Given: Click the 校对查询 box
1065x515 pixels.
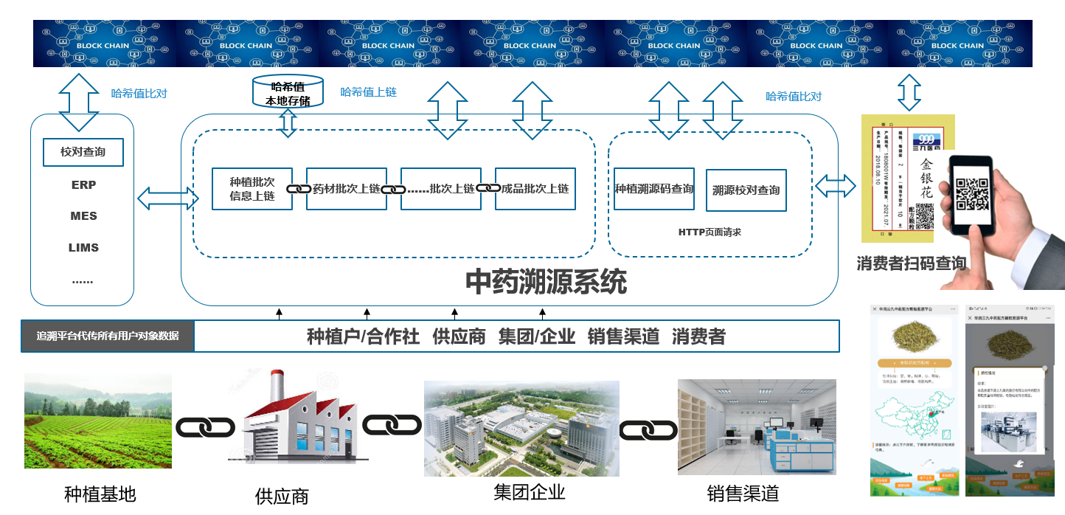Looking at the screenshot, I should click(x=83, y=152).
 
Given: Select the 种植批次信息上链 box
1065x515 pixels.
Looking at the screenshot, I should click(x=251, y=189).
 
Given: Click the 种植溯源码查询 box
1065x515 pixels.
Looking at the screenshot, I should click(x=653, y=189).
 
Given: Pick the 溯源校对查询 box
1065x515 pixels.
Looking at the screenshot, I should click(x=746, y=190).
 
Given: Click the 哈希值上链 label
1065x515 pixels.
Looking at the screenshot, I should click(x=368, y=92).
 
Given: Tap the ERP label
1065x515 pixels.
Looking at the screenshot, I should click(x=83, y=184).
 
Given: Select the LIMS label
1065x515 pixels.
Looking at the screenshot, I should click(x=83, y=248).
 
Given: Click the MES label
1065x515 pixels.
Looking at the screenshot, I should click(x=83, y=216).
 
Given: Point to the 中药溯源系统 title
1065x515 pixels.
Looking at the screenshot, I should click(x=546, y=282).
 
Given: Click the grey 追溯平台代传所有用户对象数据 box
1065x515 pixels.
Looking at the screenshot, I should click(x=108, y=336).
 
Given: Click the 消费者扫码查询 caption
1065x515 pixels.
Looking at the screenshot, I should click(x=912, y=263).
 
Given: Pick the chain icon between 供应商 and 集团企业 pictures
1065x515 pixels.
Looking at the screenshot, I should click(x=392, y=425).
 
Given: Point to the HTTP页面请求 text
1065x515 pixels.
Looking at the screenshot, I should click(x=710, y=232).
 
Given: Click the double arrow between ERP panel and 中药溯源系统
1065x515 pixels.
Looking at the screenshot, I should click(x=167, y=198).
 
